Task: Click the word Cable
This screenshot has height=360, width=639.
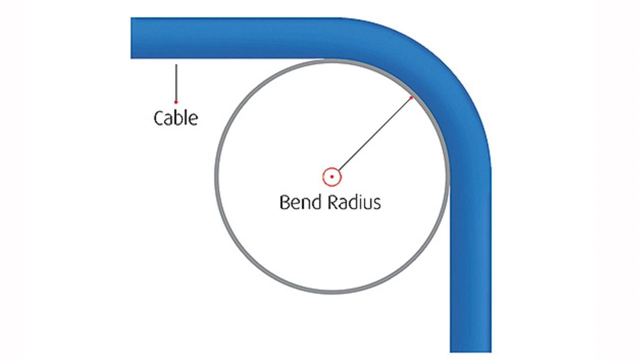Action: coord(175,118)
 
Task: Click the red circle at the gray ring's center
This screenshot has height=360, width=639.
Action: coord(331,177)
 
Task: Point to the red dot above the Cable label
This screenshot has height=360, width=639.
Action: coord(176,102)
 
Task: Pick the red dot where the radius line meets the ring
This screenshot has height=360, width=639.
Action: coord(411,97)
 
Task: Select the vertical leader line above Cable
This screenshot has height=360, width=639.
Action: coord(176,82)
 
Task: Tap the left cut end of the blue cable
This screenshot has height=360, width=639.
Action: coord(133,38)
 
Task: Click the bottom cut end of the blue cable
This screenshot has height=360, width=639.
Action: coord(470,350)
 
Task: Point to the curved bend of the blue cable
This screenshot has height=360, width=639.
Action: coord(439,75)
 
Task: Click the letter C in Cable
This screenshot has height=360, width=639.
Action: coord(159,118)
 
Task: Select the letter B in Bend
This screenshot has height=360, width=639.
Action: coord(285,202)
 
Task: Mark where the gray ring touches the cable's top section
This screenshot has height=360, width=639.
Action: coord(332,60)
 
